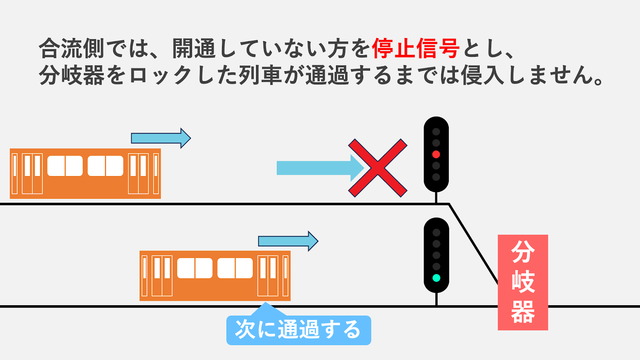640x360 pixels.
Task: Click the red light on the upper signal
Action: [436, 154]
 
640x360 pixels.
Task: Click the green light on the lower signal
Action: [436, 278]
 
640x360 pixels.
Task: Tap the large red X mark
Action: [378, 168]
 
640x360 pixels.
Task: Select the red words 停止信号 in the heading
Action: [416, 49]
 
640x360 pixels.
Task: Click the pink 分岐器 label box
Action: [522, 282]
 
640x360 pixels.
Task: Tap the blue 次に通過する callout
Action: [298, 330]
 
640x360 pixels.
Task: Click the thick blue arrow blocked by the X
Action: [316, 168]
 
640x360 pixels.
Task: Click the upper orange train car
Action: [85, 174]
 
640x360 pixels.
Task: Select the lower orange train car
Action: [215, 276]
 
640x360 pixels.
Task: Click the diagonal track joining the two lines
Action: [474, 244]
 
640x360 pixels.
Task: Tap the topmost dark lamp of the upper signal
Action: [436, 132]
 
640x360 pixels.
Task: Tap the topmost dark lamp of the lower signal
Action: [436, 232]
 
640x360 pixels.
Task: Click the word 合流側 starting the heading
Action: [71, 49]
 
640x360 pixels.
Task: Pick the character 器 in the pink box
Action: [523, 312]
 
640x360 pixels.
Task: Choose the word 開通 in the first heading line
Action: [194, 49]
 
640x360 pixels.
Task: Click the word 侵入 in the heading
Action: [482, 75]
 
